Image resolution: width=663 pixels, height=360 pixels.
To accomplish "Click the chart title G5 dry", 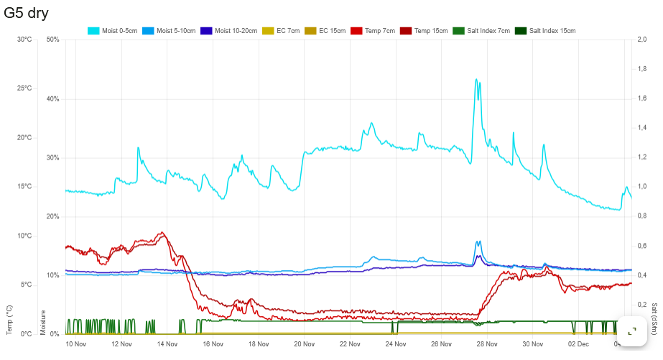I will [27, 13].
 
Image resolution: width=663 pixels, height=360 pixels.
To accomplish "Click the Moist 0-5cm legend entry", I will [113, 31].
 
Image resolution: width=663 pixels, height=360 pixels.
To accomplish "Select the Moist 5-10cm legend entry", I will [169, 31].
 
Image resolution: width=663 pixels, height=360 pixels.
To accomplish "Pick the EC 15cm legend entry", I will [325, 31].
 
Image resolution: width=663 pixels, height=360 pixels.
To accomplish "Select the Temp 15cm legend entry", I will [422, 31].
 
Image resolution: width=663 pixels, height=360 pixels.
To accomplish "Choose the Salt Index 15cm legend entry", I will [545, 31].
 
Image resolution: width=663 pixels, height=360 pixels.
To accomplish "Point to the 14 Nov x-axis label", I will [167, 344].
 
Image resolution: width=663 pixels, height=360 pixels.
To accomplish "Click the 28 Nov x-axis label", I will [486, 344].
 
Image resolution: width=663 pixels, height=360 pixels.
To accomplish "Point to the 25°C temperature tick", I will [24, 88].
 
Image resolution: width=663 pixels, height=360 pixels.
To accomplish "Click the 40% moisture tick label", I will [52, 98].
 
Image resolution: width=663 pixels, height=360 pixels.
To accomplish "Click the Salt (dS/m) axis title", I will [654, 318].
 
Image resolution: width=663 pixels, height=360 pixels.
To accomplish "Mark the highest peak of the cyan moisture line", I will [476, 79].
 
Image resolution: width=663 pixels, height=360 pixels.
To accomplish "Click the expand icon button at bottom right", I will [632, 331].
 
